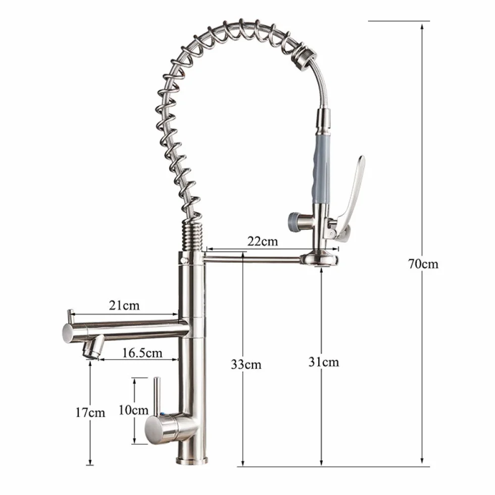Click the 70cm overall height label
point(423,264)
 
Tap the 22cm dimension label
point(262,241)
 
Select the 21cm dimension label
point(124,305)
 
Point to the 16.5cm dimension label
point(142,353)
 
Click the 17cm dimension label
point(90,412)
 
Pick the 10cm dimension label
point(133,410)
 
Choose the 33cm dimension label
point(246,364)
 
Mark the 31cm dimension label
point(324,362)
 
